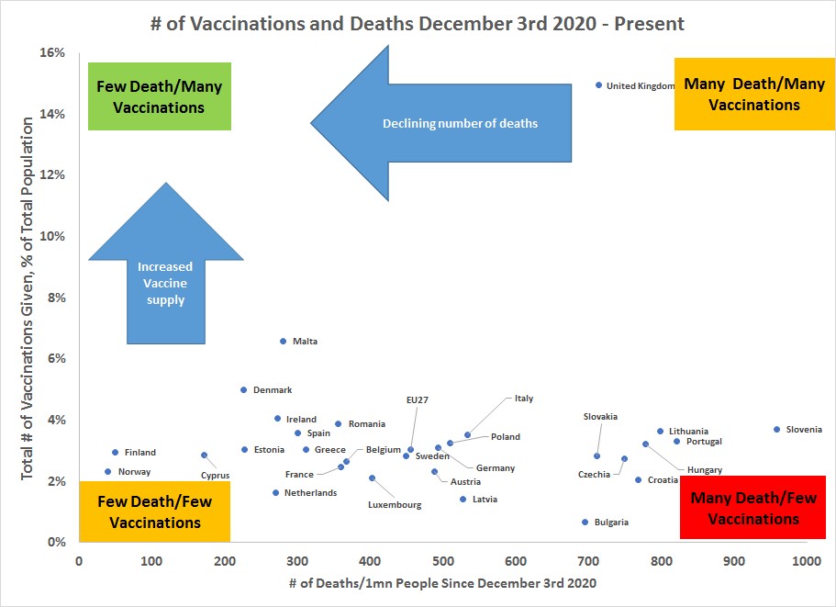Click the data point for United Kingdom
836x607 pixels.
598,84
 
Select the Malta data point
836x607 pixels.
283,341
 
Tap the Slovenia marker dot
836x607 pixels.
776,429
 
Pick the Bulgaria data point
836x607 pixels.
585,522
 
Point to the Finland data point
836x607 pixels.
115,452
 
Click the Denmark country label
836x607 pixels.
273,390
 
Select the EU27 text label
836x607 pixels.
418,399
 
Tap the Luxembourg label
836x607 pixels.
395,505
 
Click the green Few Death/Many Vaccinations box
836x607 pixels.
160,96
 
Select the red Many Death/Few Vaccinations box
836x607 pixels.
744,508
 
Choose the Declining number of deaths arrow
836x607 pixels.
440,122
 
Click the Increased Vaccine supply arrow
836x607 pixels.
166,266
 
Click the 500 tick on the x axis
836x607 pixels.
442,559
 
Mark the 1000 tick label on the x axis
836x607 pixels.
807,559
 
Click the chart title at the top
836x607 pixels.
418,22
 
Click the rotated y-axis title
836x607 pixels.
28,298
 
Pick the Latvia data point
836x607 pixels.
463,499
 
